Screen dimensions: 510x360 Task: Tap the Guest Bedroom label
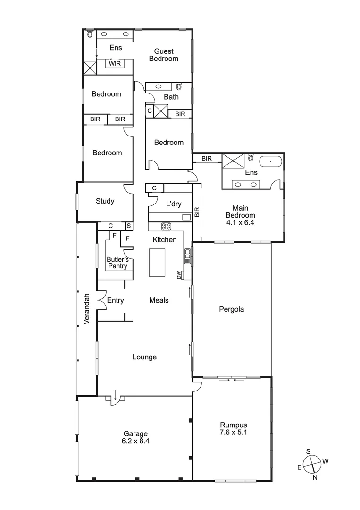[x=163, y=55]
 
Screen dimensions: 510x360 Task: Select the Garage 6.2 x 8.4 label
[x=136, y=437]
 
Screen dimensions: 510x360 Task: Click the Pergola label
[x=232, y=310]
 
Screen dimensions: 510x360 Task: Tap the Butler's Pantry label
[x=117, y=263]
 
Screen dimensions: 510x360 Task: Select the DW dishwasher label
[x=179, y=275]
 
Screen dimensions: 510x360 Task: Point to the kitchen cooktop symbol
[x=166, y=226]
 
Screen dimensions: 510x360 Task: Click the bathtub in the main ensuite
[x=270, y=161]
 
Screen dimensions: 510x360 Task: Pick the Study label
[x=105, y=201]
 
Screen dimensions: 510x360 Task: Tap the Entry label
[x=115, y=300]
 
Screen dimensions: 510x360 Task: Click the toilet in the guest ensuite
[x=90, y=34]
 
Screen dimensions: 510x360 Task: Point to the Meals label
[x=159, y=300]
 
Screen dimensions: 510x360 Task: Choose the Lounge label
[x=144, y=357]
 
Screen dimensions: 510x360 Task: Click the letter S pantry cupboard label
[x=128, y=226]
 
